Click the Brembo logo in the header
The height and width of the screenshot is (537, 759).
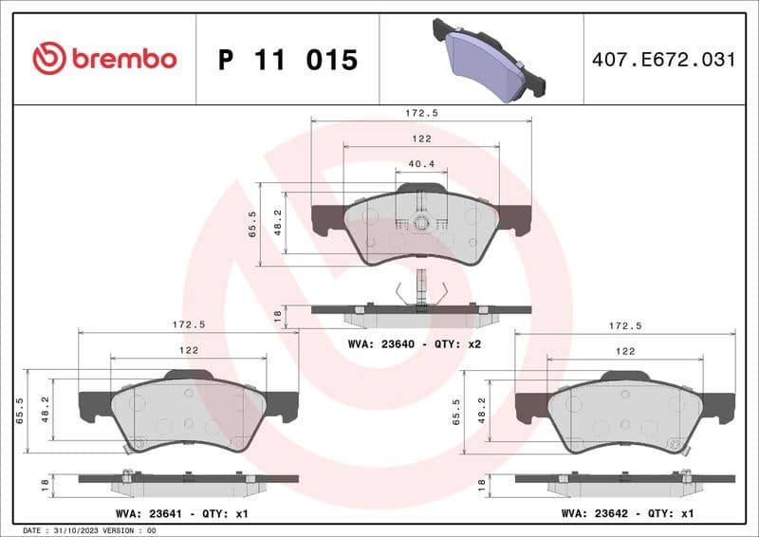point(104,59)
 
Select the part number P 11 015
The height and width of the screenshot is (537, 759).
point(287,60)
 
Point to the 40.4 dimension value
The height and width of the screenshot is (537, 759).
point(421,164)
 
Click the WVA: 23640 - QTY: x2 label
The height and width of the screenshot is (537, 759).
point(415,343)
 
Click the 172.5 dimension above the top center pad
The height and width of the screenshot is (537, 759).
point(421,113)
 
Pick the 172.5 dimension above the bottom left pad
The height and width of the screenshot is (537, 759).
point(188,324)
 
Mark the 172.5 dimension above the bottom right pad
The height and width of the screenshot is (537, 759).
point(625,325)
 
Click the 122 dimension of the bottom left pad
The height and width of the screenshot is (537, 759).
point(188,350)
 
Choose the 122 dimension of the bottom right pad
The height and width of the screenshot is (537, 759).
point(625,351)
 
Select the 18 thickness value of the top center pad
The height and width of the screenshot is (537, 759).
point(277,315)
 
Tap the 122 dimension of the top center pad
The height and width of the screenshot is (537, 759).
point(421,139)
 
